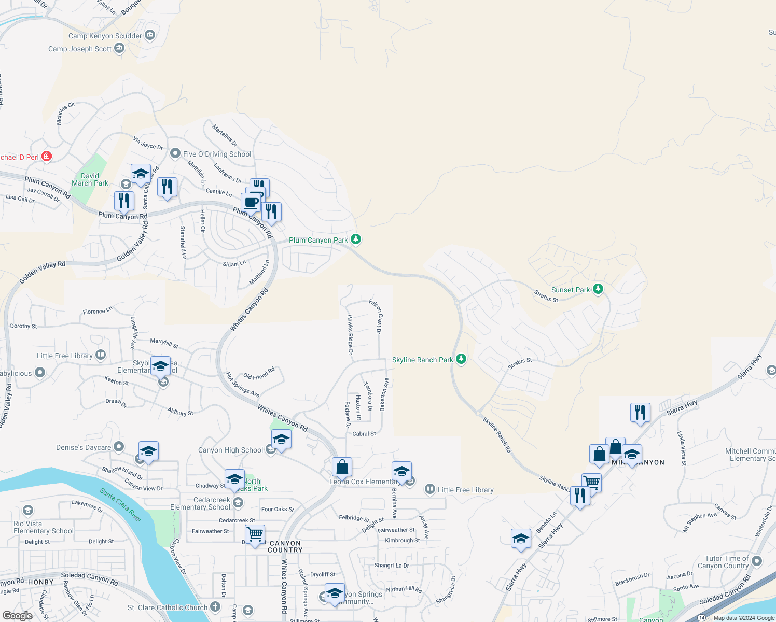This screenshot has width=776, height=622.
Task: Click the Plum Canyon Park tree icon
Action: (356, 239)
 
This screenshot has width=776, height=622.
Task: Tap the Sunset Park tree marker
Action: (598, 289)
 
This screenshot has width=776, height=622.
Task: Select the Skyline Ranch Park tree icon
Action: (461, 359)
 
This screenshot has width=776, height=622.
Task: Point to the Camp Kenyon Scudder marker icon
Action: (150, 35)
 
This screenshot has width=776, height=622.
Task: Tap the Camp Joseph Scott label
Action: (80, 49)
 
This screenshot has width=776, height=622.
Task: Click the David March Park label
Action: (90, 179)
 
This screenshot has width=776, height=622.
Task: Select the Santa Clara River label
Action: (121, 505)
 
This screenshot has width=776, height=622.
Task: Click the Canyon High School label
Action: (230, 450)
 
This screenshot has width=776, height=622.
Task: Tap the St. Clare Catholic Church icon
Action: (215, 607)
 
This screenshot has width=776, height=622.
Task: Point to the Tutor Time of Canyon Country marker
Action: (757, 561)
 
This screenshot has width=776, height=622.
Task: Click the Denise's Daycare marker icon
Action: (119, 447)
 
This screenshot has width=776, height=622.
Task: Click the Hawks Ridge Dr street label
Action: (350, 334)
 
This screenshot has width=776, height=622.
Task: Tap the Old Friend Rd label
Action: (259, 374)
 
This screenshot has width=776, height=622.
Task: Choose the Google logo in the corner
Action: (17, 615)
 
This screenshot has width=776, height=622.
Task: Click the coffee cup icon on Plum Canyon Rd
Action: (251, 202)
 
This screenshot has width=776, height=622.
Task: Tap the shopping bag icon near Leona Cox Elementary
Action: (342, 467)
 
